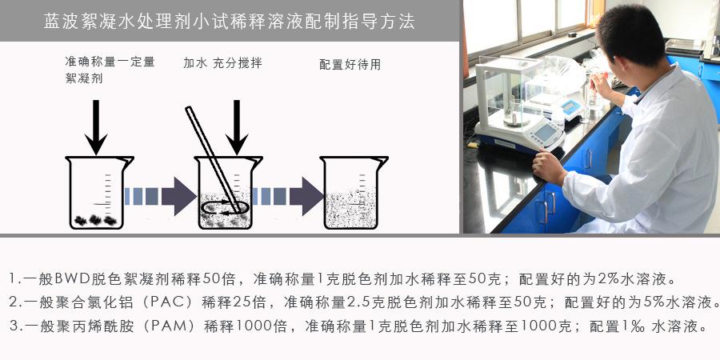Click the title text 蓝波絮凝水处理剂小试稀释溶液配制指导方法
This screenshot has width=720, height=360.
230,22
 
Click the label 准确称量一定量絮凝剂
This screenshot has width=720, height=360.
110,70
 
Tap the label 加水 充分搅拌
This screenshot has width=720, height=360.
222,62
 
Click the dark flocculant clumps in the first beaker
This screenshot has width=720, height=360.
96,218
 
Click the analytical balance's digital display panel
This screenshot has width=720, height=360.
544,131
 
